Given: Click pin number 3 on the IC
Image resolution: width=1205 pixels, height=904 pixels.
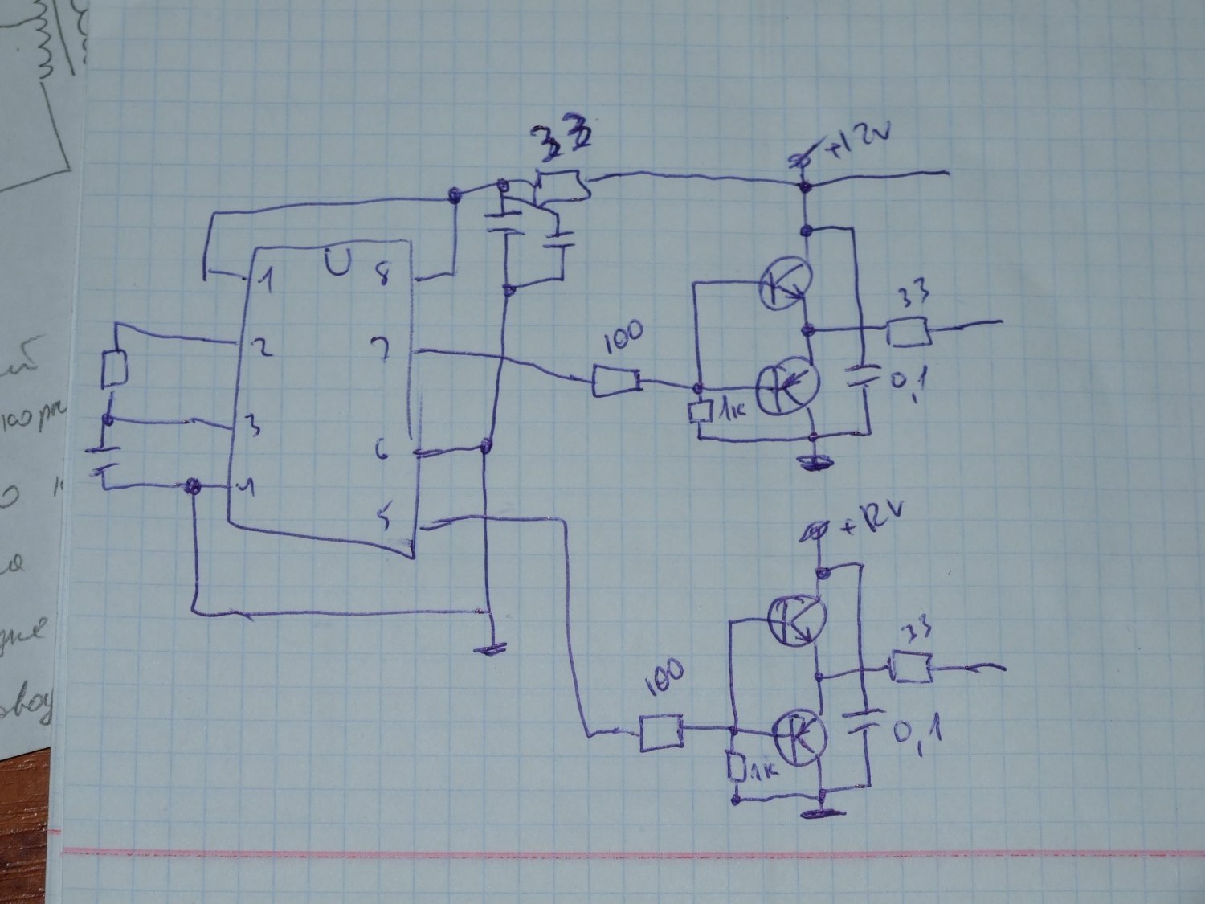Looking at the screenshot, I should coord(252,427).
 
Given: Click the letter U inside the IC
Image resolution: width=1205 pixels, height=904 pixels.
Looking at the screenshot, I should coord(338,262).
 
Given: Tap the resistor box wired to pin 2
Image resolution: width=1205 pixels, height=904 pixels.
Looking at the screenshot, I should coord(114,369).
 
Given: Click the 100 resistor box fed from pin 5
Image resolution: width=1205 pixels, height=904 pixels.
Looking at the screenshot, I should coord(661,734).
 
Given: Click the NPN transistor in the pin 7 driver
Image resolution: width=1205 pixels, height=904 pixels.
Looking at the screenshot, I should coord(785,284).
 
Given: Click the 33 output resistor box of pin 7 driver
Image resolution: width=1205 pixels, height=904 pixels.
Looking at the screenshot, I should coord(909,332).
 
